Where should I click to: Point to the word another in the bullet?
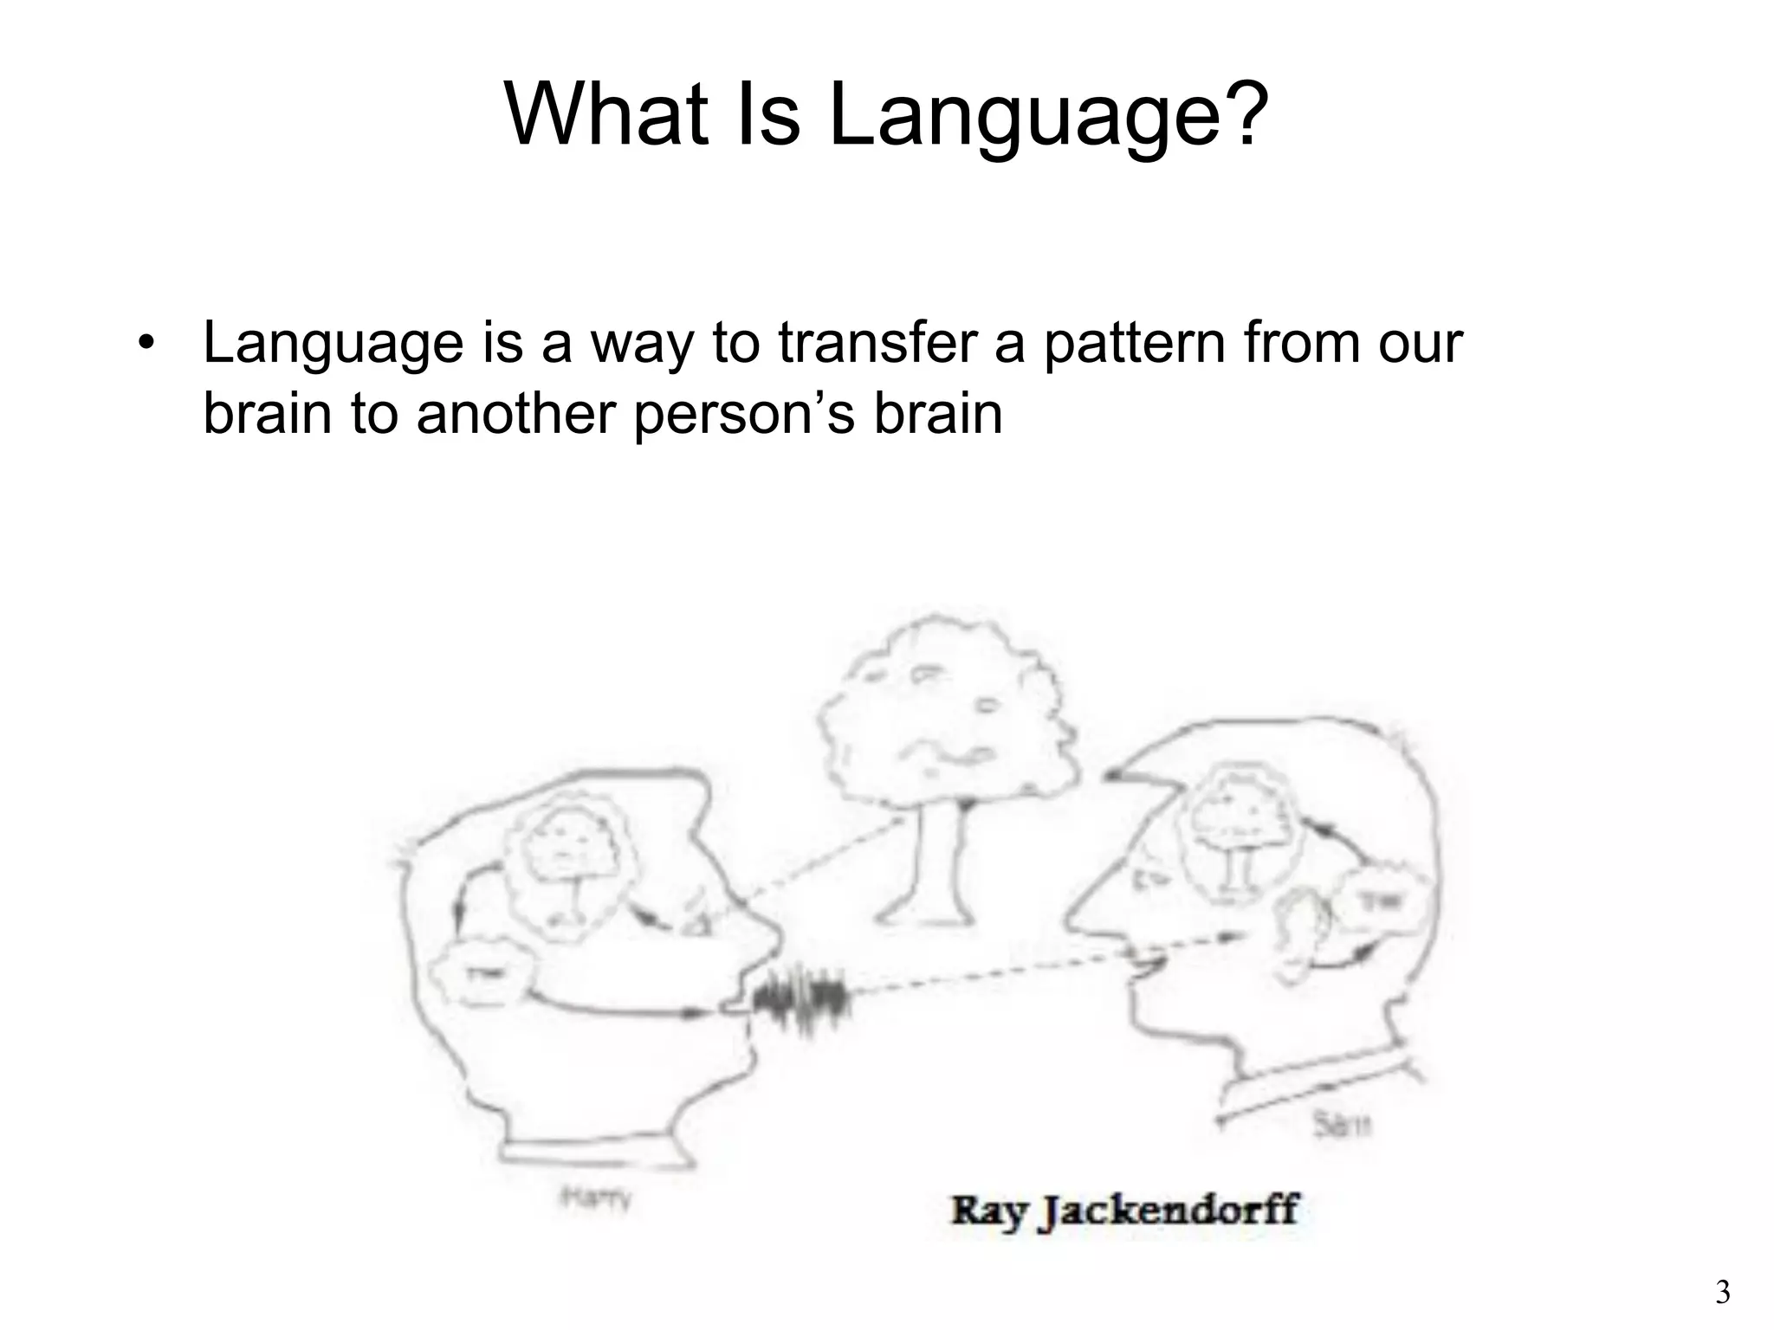point(516,413)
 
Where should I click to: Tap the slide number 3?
point(1723,1293)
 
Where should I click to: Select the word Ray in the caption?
point(988,1211)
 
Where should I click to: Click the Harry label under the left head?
point(596,1199)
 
